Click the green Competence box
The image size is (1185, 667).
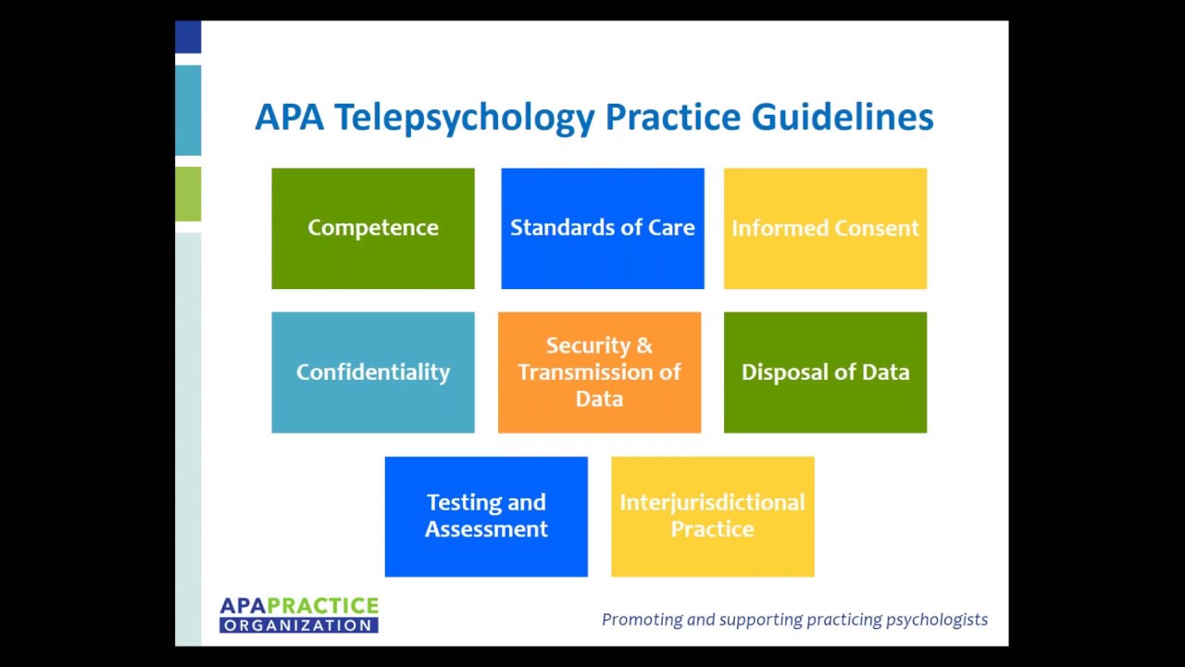tap(372, 228)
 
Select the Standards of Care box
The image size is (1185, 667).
tap(602, 228)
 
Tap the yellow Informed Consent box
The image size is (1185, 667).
tap(825, 228)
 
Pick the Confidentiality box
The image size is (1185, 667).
tap(372, 371)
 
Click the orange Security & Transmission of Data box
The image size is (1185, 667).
tap(599, 371)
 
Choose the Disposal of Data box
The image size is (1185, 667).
tap(825, 371)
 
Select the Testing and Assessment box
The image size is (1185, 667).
tap(486, 516)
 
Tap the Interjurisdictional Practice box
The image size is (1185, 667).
tap(712, 516)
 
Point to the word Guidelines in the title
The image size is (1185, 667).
tap(842, 118)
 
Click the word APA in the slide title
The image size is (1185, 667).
tap(289, 118)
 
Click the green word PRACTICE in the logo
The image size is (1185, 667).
tap(330, 606)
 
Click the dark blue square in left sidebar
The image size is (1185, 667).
tap(188, 37)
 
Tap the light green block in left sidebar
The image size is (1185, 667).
tap(188, 194)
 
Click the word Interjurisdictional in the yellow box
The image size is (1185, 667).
tap(712, 502)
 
